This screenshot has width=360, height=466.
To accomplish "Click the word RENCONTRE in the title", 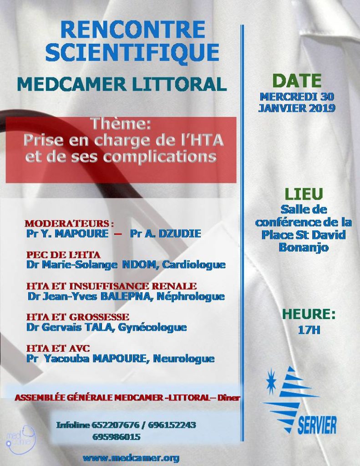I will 132,30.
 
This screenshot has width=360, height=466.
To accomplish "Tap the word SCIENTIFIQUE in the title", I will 132,52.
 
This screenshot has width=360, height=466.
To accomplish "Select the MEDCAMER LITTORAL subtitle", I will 121,84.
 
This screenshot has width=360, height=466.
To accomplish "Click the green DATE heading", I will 297,81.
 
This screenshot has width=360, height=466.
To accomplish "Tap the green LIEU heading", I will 304,194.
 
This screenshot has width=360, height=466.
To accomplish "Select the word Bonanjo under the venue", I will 304,248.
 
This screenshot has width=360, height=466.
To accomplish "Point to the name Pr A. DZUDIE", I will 165,234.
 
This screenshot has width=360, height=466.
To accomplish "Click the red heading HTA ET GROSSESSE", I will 77,317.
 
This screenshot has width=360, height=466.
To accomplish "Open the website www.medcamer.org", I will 131,458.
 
